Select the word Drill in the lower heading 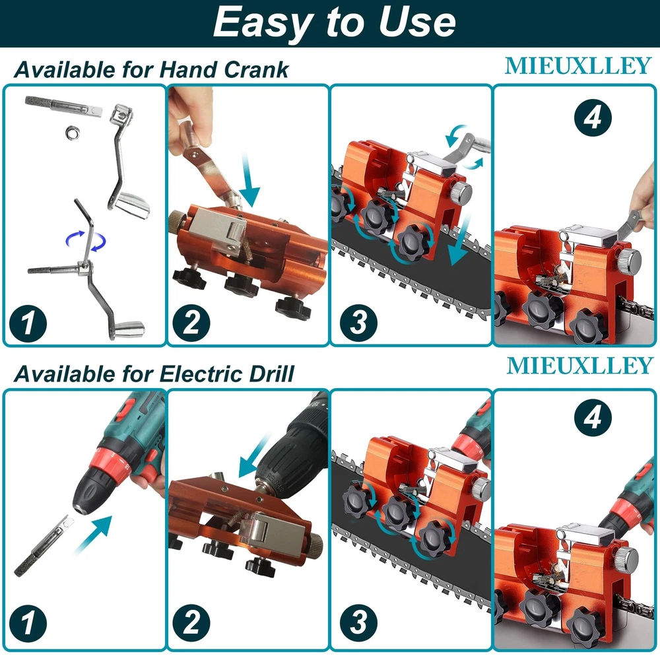tap(271, 374)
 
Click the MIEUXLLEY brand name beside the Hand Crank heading tap(578, 66)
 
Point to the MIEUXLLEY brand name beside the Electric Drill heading tap(579, 366)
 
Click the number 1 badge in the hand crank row tap(28, 323)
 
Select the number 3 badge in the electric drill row tap(358, 623)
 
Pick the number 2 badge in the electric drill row tap(191, 623)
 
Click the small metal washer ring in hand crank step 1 tap(72, 133)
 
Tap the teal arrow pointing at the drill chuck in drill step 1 tap(94, 534)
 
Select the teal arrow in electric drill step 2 tap(254, 456)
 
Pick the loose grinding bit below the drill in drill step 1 tap(43, 546)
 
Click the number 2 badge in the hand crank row tap(191, 323)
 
